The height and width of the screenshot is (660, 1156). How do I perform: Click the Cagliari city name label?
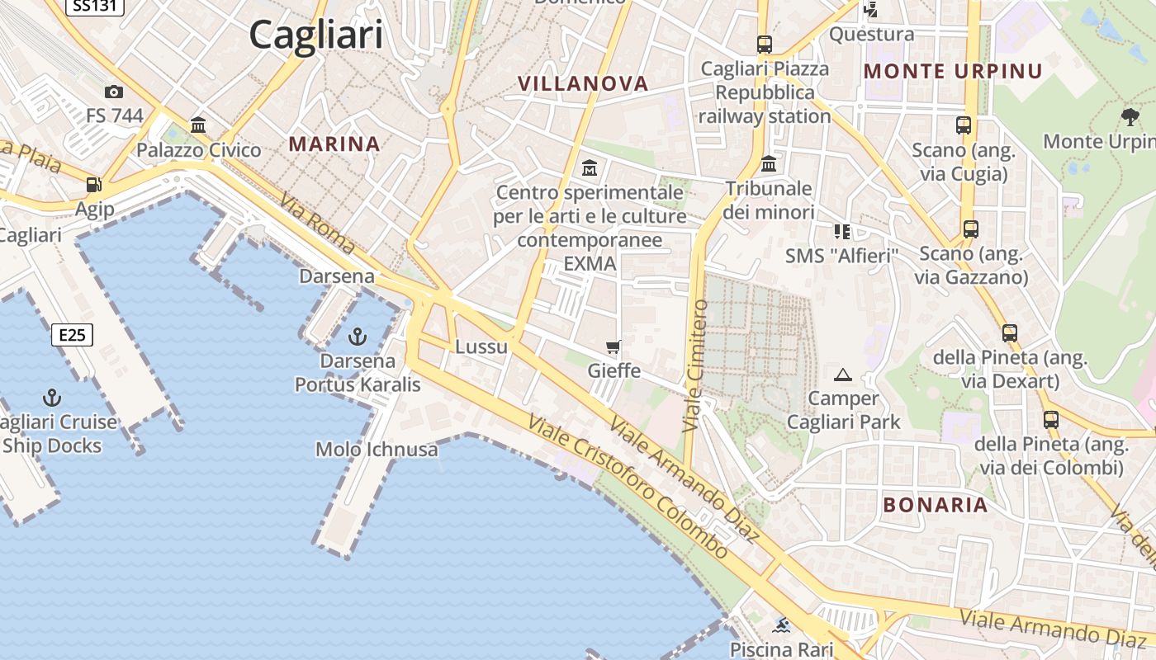[316, 35]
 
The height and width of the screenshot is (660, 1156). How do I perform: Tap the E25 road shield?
[72, 335]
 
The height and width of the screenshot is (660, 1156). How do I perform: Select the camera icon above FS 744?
[114, 92]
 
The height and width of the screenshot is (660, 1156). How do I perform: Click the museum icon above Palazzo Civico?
[198, 125]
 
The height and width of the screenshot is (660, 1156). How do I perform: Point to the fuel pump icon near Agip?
[94, 185]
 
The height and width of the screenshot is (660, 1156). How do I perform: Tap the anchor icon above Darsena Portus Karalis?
[358, 337]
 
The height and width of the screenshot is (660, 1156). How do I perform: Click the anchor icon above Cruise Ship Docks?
[52, 398]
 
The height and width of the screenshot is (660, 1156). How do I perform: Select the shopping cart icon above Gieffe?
[614, 347]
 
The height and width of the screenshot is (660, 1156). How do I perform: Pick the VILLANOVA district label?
[583, 83]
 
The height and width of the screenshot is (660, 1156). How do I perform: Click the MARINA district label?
[334, 144]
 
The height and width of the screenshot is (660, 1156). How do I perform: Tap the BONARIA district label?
[936, 505]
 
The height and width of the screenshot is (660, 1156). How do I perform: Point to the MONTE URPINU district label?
[954, 71]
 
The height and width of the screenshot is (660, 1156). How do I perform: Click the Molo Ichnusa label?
[377, 450]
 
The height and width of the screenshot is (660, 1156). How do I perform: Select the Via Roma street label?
[317, 224]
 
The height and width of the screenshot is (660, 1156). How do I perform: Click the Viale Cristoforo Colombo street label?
[628, 487]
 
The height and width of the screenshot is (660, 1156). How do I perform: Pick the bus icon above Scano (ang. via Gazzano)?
[970, 229]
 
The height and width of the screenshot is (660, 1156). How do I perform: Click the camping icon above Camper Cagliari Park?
[843, 375]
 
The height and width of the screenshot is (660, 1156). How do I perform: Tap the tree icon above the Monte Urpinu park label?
[1130, 117]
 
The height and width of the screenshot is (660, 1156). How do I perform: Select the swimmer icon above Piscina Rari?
[781, 625]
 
